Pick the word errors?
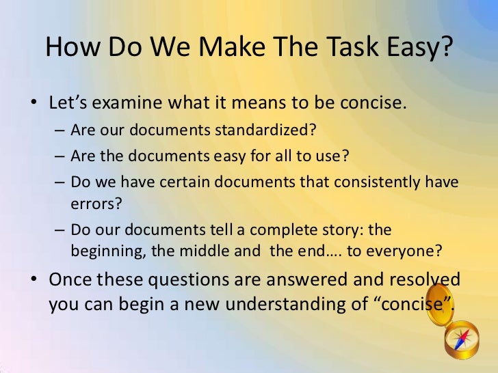pos(93,203)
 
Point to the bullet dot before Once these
pos(33,281)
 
